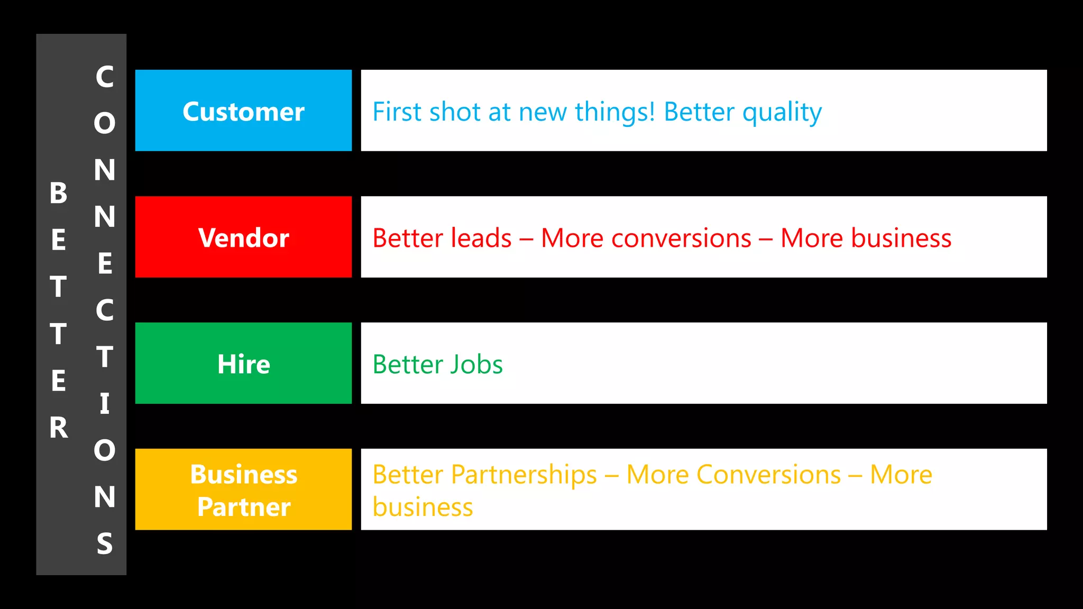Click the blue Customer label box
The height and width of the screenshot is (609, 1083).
click(243, 110)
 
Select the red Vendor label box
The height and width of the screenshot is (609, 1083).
click(243, 237)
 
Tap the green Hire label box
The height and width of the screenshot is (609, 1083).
click(243, 364)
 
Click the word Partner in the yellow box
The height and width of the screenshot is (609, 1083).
click(244, 507)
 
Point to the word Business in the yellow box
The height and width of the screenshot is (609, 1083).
click(244, 474)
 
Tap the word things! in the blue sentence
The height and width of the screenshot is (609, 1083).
click(615, 112)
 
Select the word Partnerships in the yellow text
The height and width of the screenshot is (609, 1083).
click(524, 475)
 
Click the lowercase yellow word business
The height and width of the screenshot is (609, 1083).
click(423, 507)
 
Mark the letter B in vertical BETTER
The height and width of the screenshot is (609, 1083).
click(59, 193)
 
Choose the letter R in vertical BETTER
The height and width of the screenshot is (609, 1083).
click(59, 428)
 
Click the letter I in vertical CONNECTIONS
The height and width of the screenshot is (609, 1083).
click(105, 403)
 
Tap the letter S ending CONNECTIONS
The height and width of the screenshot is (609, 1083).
click(105, 543)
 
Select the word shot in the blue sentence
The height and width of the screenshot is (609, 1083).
click(455, 112)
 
